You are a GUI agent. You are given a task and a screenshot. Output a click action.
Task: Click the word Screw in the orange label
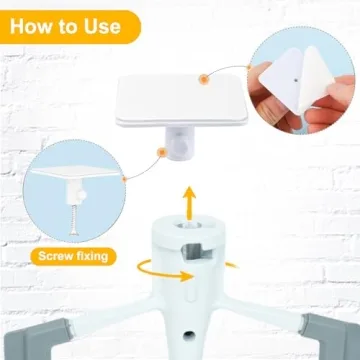[57, 255]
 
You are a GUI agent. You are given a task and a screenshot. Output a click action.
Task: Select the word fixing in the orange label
[97, 256]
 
